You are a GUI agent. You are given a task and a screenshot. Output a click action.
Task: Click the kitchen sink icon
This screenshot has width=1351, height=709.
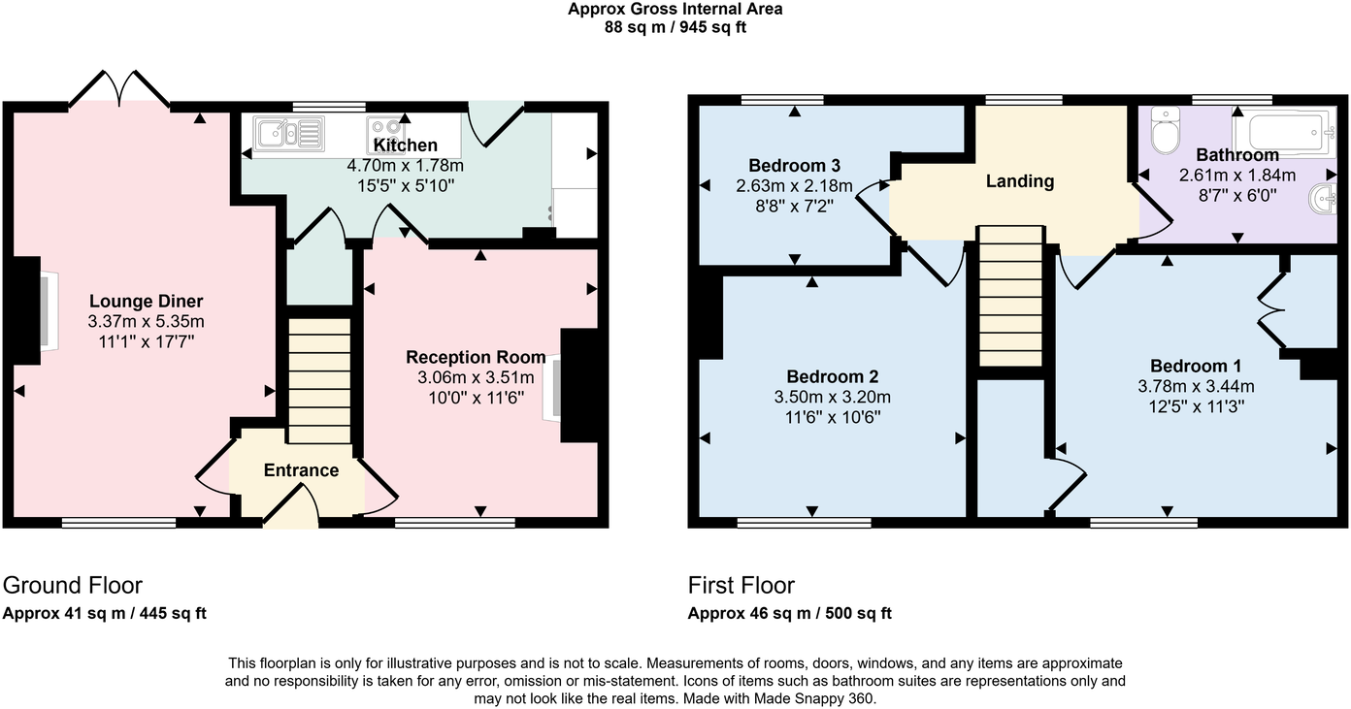[288, 132]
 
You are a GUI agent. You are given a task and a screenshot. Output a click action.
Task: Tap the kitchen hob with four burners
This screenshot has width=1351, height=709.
[385, 130]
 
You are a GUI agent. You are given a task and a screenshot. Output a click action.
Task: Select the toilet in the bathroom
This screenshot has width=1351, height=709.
[1163, 127]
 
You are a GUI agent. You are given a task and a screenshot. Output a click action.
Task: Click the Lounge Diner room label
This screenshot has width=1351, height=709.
[146, 301]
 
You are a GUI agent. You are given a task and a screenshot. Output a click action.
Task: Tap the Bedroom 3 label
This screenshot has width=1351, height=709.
[794, 165]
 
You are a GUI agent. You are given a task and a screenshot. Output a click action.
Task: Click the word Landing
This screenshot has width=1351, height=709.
[1019, 181]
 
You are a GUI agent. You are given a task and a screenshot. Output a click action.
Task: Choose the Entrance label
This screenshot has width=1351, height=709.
[301, 470]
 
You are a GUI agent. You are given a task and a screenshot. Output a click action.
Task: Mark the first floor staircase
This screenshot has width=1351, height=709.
[1009, 296]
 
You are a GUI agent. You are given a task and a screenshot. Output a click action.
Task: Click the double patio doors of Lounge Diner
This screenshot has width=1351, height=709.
[120, 90]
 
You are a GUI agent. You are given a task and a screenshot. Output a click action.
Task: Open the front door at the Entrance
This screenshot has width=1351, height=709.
[291, 506]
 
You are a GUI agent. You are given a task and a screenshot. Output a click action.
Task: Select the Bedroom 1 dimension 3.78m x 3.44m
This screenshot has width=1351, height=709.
[1195, 386]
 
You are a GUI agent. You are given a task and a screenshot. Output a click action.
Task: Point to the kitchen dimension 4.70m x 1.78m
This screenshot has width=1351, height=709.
[405, 166]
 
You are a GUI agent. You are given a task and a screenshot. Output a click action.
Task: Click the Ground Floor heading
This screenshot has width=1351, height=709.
[73, 585]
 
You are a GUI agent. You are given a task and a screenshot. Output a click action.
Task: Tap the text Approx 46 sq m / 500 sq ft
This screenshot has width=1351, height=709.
[789, 613]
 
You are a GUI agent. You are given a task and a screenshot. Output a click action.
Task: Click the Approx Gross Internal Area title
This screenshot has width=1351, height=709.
[675, 10]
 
